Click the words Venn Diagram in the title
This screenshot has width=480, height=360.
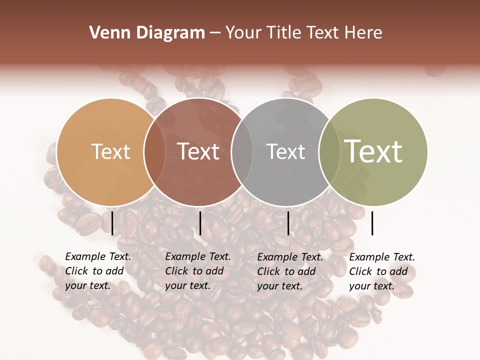[x=147, y=32]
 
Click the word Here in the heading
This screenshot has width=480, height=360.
[x=364, y=32]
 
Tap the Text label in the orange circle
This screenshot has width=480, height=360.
[x=111, y=151]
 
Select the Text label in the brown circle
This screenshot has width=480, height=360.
[x=198, y=151]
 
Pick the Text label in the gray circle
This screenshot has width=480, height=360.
[x=286, y=151]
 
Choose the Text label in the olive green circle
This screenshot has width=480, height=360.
[x=373, y=151]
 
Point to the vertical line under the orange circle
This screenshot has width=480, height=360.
[x=112, y=223]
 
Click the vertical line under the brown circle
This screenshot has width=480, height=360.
[x=200, y=223]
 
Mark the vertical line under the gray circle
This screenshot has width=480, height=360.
[x=288, y=223]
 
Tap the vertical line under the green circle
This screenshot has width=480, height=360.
[x=372, y=223]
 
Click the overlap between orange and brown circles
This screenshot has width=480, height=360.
[x=154, y=151]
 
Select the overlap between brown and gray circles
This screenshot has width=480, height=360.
[x=242, y=151]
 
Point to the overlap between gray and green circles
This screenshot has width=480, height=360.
[x=329, y=151]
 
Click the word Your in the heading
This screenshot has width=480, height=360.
[x=243, y=32]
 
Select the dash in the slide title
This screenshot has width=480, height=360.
[x=215, y=33]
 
